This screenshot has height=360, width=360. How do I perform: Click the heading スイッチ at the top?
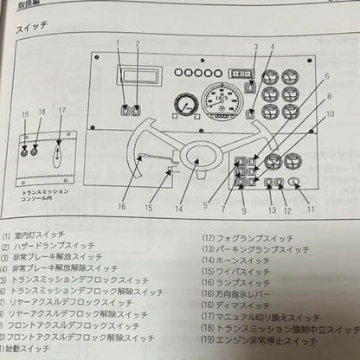pyautogui.click(x=33, y=28)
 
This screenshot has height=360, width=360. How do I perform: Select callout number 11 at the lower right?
pyautogui.click(x=310, y=209)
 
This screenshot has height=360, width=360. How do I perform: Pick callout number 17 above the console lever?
pyautogui.click(x=61, y=111)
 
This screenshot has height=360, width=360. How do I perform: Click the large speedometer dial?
pyautogui.click(x=220, y=105)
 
